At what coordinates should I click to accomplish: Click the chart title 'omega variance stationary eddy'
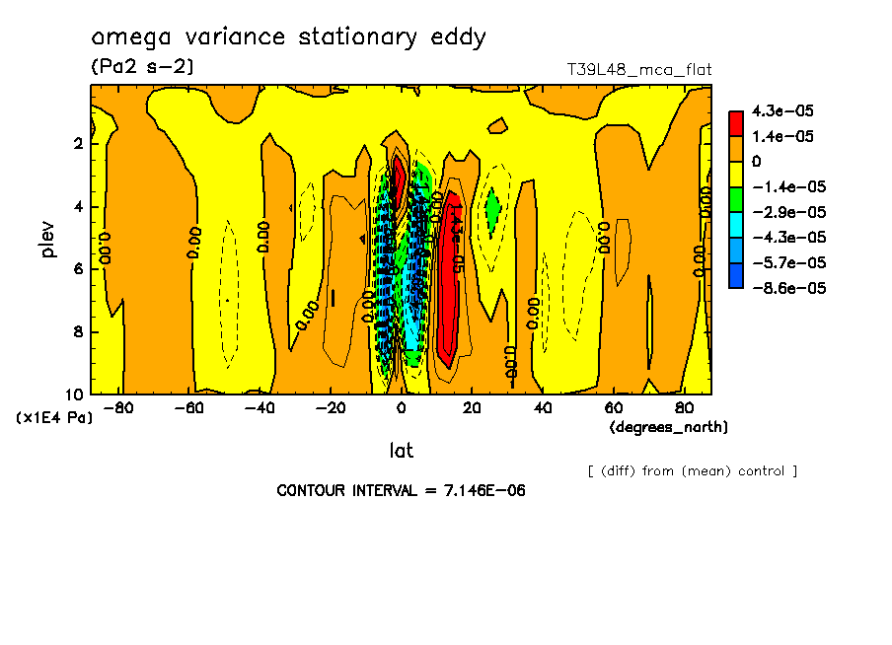click(x=288, y=37)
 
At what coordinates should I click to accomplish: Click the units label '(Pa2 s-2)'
click(x=141, y=67)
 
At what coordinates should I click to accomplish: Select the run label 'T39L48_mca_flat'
click(x=638, y=70)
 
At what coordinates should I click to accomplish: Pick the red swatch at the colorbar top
click(x=736, y=122)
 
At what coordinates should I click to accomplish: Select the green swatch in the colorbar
click(x=736, y=198)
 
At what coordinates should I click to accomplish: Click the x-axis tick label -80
click(x=117, y=407)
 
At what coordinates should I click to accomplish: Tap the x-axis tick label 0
click(x=401, y=407)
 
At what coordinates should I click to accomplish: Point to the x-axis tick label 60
click(x=613, y=407)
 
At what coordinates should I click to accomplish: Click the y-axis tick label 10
click(x=73, y=394)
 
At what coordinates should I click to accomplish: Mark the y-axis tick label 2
click(x=78, y=143)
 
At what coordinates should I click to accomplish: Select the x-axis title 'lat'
click(x=401, y=451)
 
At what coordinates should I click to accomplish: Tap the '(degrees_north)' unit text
click(x=669, y=427)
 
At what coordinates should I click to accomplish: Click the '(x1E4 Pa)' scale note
click(x=54, y=418)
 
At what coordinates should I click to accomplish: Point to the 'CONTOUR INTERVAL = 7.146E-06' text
click(x=401, y=490)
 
